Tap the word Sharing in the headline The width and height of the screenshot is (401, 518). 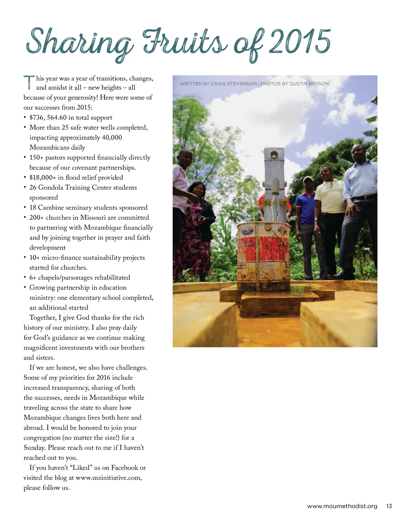[x=78, y=43]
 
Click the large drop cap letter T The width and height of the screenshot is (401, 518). [x=29, y=82]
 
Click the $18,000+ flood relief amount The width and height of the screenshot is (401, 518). [x=43, y=177]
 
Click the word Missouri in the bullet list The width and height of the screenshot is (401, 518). [x=94, y=217]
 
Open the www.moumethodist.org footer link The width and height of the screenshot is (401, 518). [x=342, y=506]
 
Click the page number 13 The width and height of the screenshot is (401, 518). [x=389, y=506]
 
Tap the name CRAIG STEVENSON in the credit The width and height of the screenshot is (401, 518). [x=233, y=84]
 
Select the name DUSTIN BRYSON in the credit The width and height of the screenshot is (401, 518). [x=309, y=84]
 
